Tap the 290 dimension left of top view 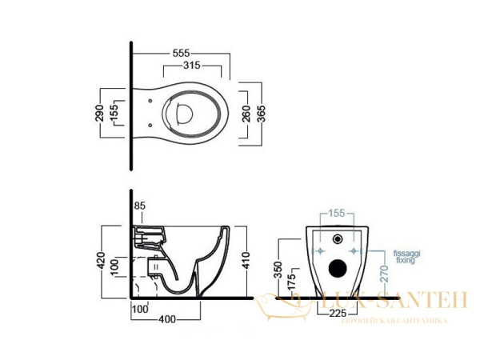pyautogui.click(x=99, y=112)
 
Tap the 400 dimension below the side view pyautogui.click(x=166, y=320)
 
